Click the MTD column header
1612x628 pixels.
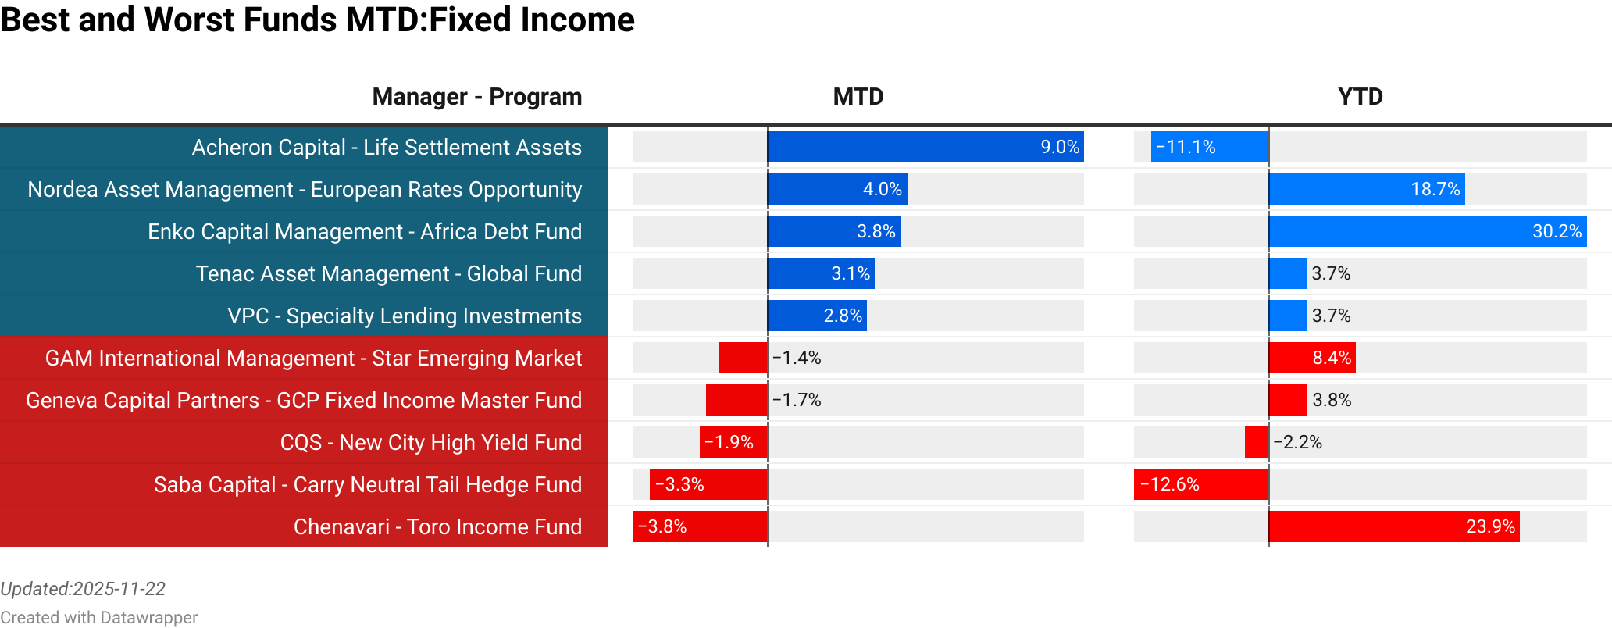858,97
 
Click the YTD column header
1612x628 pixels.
1360,97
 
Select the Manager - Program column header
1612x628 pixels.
476,97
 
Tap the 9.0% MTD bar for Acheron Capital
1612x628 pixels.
925,147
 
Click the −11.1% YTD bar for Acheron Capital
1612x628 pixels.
1210,147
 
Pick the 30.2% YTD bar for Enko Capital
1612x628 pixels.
1428,231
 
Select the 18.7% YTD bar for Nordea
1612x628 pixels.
1367,189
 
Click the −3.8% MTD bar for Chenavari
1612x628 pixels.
700,526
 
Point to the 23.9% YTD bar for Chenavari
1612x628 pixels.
1394,526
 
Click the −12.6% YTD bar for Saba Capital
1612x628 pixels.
1201,484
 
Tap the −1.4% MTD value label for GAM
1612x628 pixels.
797,358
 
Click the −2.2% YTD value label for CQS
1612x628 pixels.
1298,442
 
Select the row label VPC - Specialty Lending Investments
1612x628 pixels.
404,316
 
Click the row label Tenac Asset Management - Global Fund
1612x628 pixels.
388,273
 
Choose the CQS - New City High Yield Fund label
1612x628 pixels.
430,442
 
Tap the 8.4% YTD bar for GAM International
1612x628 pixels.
1312,358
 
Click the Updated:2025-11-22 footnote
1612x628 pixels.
83,589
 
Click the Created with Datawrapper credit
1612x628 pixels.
98,617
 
